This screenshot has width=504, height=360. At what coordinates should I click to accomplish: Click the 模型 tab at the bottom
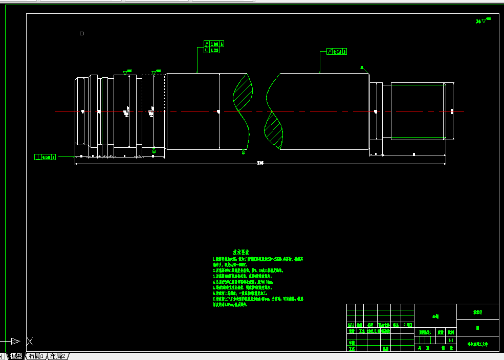click(x=16, y=356)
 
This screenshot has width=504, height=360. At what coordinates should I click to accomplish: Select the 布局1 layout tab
click(x=36, y=356)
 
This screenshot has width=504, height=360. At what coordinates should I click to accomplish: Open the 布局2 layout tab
click(x=57, y=356)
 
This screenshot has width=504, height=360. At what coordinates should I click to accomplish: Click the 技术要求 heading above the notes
click(x=241, y=252)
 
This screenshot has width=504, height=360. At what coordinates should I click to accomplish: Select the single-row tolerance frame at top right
click(x=337, y=52)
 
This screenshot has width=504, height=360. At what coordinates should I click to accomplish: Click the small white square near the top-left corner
click(x=81, y=34)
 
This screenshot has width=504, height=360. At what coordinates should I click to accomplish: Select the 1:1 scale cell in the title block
click(x=450, y=340)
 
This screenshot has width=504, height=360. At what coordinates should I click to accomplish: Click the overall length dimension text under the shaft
click(x=260, y=163)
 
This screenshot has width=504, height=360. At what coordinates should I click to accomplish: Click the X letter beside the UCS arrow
click(x=30, y=341)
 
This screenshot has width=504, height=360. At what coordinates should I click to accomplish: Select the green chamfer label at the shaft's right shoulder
click(x=362, y=67)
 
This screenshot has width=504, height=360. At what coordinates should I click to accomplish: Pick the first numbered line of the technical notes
click(x=256, y=259)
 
